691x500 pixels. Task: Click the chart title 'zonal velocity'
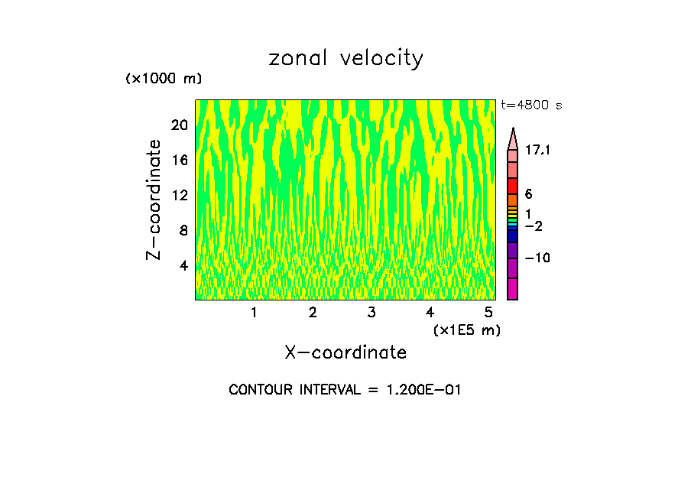345,59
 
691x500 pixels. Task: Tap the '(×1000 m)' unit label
164,80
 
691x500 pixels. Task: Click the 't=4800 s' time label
531,106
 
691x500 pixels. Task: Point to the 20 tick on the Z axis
180,125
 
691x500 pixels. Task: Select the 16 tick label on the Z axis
180,161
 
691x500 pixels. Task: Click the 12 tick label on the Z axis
180,196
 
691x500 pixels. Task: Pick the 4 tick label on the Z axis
183,266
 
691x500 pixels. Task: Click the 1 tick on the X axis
254,313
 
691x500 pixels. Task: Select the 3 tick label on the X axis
371,313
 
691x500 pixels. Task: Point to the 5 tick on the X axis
488,313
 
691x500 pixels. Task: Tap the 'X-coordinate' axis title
345,352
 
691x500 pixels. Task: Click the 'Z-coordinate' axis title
154,200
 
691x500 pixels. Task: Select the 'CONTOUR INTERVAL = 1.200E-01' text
345,390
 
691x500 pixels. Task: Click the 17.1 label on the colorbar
538,151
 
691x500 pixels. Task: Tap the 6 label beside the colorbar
529,194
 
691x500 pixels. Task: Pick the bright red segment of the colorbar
513,187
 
